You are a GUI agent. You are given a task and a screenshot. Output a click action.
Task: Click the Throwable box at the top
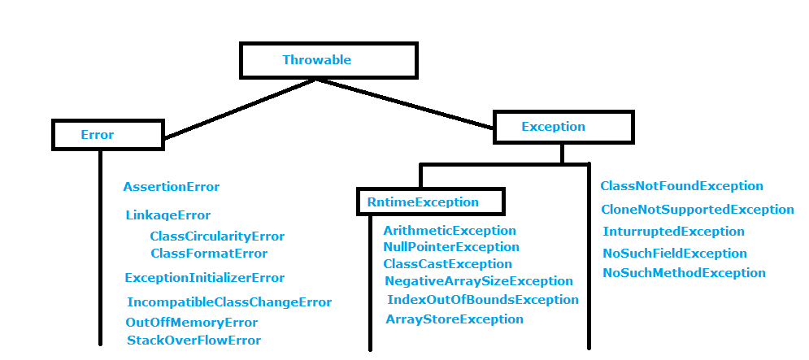point(328,60)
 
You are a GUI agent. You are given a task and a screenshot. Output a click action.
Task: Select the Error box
point(108,135)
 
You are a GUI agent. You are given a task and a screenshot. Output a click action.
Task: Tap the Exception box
point(563,127)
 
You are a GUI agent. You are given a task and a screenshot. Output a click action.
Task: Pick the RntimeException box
point(430,202)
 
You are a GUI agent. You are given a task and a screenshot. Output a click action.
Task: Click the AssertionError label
point(172,187)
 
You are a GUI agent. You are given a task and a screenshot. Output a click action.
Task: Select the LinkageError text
point(167,215)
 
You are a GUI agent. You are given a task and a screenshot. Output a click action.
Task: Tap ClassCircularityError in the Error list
point(217,236)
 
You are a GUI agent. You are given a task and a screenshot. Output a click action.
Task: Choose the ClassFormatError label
point(209,254)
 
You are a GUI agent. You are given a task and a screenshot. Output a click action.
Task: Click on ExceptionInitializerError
point(205,278)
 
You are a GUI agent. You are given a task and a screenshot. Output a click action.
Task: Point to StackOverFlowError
point(194,340)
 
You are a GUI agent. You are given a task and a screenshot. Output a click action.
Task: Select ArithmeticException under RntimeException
point(450,231)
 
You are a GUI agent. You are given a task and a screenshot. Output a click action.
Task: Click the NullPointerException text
point(450,247)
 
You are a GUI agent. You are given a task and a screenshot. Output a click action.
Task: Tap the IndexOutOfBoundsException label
point(482,300)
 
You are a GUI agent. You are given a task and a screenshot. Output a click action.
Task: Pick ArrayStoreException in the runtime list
point(454,319)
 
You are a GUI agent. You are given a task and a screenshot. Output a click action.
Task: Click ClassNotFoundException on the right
point(681,186)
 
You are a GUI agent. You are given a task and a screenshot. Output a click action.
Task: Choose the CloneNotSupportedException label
point(698,210)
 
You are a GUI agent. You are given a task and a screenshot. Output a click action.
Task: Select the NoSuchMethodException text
point(684,273)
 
